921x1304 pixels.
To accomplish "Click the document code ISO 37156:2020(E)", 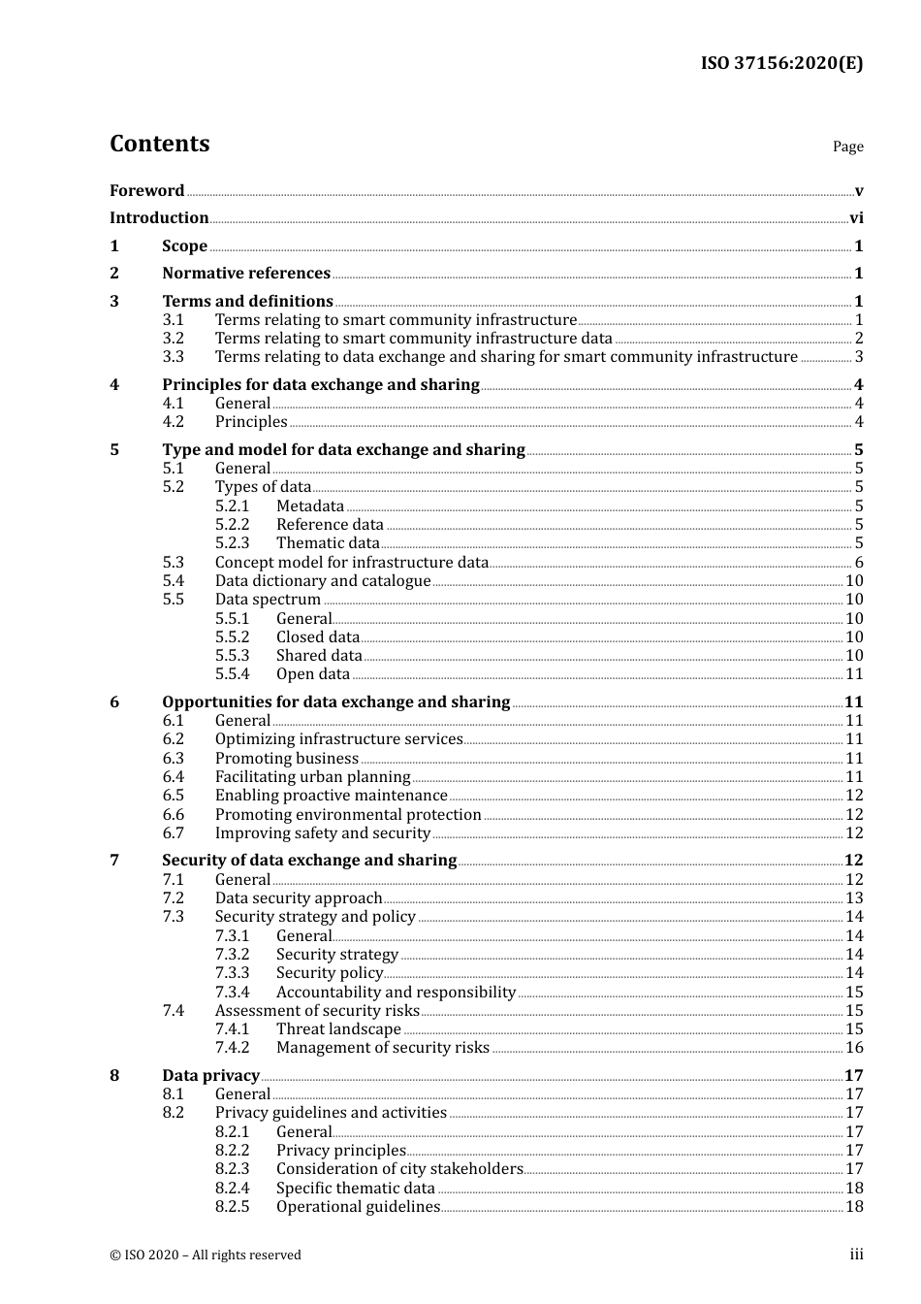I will click(781, 64).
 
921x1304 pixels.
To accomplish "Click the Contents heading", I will click(159, 144).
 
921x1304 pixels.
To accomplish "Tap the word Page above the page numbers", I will click(847, 147).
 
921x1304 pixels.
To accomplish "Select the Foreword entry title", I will click(146, 191).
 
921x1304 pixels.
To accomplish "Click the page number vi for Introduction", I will click(856, 218).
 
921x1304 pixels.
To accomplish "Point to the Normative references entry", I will click(246, 274).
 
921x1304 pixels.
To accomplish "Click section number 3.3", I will click(173, 357).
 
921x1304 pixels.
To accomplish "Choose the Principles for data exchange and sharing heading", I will click(321, 385).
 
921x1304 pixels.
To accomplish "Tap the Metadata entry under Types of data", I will click(310, 506).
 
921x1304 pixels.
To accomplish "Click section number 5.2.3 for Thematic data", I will click(232, 543).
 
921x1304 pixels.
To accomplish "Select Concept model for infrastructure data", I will click(352, 563).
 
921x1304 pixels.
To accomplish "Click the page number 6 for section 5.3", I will click(859, 563).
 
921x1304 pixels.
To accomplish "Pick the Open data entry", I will click(313, 674).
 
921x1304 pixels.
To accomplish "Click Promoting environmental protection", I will click(348, 815).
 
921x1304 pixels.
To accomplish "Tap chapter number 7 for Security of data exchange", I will click(114, 861).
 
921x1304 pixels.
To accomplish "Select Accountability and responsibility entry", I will click(396, 993).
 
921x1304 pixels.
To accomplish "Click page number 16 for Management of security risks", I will click(854, 1048).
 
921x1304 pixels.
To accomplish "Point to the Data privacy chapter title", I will click(210, 1076).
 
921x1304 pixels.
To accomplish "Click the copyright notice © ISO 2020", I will click(206, 1255).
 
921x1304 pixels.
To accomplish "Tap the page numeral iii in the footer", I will click(856, 1255).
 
